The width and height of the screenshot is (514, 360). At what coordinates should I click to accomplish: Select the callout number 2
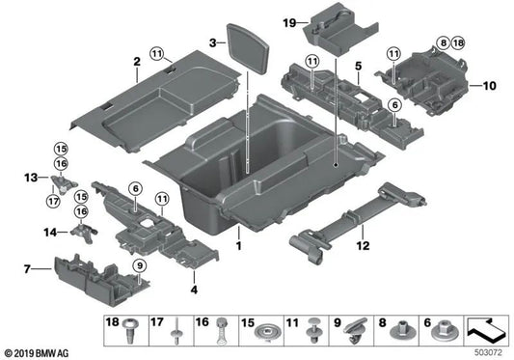[x=137, y=63]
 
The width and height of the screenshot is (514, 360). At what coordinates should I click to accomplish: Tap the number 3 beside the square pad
[x=212, y=42]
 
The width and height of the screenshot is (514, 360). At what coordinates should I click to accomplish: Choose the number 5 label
[x=357, y=67]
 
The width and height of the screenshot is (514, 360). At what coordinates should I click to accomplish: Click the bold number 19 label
[x=288, y=21]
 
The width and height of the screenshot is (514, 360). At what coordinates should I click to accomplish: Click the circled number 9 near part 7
[x=139, y=265]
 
